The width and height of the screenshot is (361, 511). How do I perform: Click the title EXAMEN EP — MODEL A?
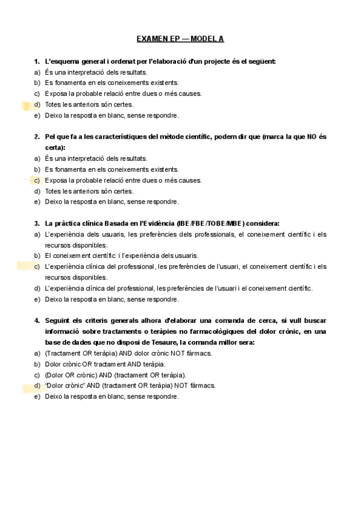coord(180,39)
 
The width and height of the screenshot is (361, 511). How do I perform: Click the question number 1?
coord(37,61)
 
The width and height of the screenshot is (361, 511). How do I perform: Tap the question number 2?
coord(37,137)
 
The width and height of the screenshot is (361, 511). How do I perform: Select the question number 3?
coord(37,224)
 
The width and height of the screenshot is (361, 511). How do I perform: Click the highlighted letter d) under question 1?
coord(37,104)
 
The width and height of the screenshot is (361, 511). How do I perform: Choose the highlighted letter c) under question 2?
coord(37,180)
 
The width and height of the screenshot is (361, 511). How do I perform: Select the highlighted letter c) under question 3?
coord(37,266)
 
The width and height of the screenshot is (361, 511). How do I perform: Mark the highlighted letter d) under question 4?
coord(37,385)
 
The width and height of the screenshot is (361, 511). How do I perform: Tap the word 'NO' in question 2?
coord(312,137)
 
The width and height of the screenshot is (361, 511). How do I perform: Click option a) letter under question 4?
coord(37,353)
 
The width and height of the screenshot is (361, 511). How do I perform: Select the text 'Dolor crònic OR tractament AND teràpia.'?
coord(105,364)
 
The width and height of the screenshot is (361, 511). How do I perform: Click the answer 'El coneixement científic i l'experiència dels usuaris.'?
coord(121,255)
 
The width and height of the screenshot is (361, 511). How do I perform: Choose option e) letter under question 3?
coord(37,299)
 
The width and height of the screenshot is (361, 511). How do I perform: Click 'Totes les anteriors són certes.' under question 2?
coord(89,191)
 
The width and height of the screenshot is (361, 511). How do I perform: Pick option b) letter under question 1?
coord(37,83)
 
